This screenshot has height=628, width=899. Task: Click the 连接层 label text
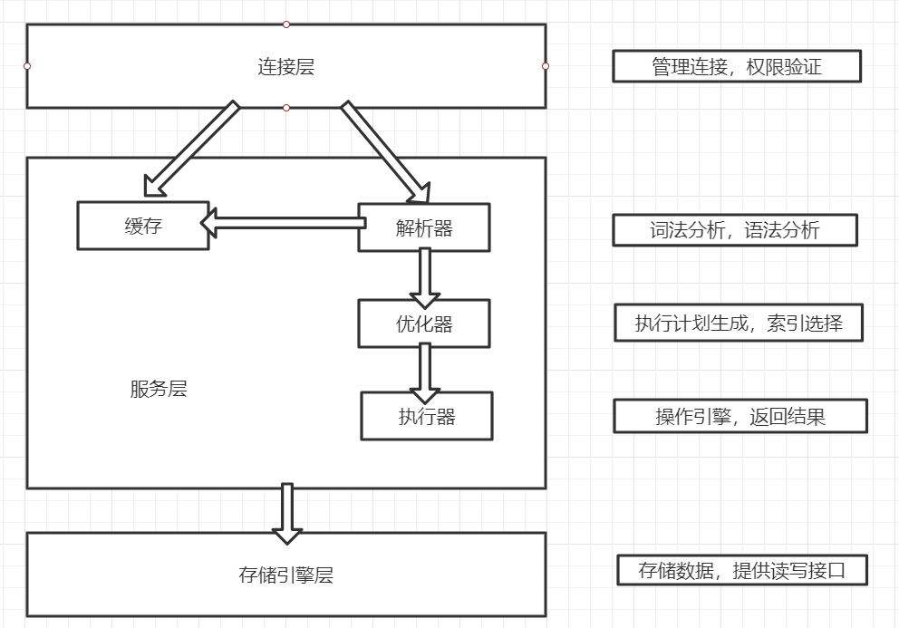pyautogui.click(x=285, y=66)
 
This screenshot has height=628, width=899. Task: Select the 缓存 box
pyautogui.click(x=143, y=226)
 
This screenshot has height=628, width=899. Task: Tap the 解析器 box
pyautogui.click(x=423, y=227)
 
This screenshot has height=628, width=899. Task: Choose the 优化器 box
pyautogui.click(x=423, y=324)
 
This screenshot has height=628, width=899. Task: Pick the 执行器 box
pyautogui.click(x=426, y=416)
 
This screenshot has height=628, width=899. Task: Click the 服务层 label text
pyautogui.click(x=159, y=390)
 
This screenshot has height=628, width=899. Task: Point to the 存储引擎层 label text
pyautogui.click(x=285, y=575)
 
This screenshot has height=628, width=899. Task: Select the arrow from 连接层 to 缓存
pyautogui.click(x=191, y=150)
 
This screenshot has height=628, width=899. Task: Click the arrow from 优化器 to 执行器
pyautogui.click(x=424, y=371)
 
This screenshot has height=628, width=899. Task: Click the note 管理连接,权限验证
pyautogui.click(x=736, y=66)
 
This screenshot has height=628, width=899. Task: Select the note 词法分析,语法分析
pyautogui.click(x=734, y=230)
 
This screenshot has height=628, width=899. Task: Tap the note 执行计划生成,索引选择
pyautogui.click(x=738, y=323)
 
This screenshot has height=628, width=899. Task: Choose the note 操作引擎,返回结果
pyautogui.click(x=739, y=416)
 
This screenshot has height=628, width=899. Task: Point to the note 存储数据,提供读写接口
pyautogui.click(x=741, y=570)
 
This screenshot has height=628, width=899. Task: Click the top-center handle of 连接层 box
pyautogui.click(x=286, y=24)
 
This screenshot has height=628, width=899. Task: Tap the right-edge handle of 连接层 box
pyautogui.click(x=546, y=66)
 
